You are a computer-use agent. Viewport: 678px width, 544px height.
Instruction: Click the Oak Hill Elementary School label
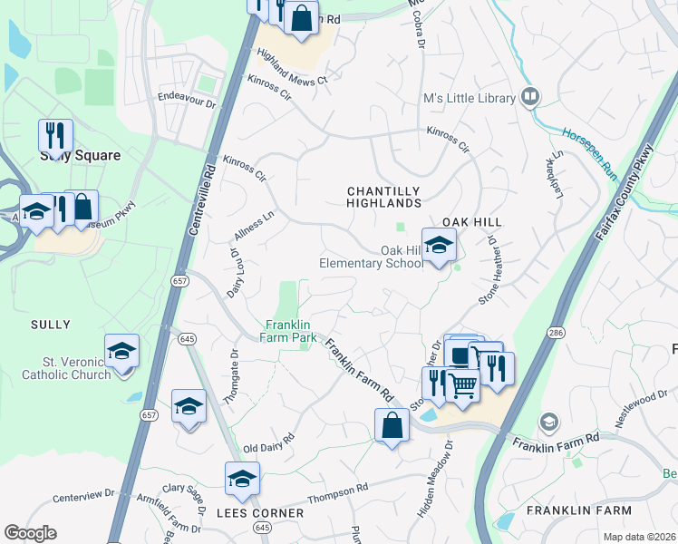click(371, 257)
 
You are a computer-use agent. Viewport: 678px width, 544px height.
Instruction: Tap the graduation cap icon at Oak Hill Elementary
click(439, 246)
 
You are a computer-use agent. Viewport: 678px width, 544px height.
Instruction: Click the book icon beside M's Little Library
click(529, 96)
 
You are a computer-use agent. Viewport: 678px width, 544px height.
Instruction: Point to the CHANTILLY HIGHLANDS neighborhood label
click(384, 197)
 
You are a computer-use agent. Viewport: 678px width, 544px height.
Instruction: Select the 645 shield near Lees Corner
click(263, 526)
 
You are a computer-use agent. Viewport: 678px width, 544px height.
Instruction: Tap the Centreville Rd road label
click(203, 199)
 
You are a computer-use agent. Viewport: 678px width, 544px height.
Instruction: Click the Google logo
click(30, 533)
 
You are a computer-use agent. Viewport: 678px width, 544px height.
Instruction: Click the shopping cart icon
click(463, 385)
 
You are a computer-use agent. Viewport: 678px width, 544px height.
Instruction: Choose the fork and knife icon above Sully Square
click(55, 136)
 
